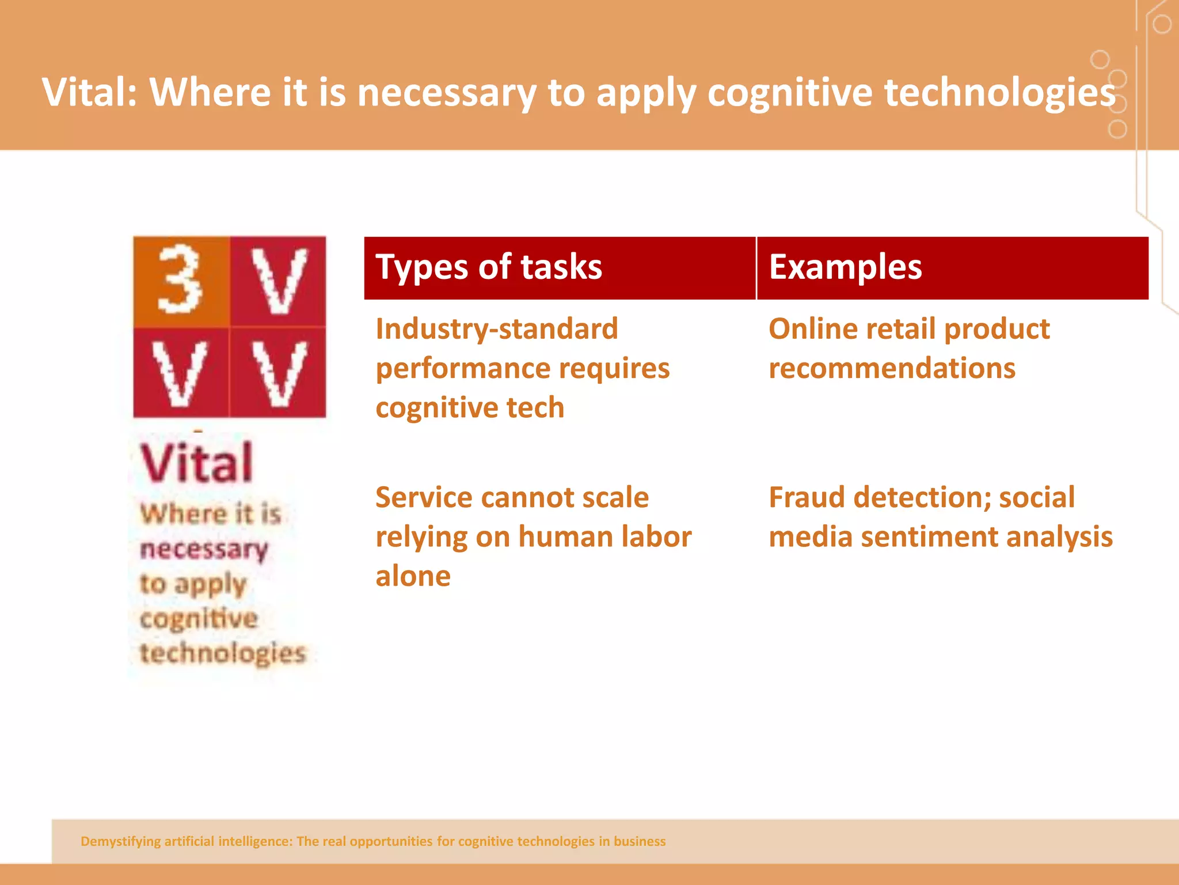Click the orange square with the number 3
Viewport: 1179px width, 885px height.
181,281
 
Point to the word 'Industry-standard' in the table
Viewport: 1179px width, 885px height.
496,330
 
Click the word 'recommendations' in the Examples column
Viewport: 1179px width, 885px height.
891,369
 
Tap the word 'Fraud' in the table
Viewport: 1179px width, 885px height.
807,497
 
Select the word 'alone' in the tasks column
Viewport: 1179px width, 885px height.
413,576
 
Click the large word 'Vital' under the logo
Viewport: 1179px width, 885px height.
196,463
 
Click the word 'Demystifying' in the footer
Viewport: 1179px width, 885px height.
120,841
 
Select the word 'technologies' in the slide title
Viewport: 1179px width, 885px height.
999,92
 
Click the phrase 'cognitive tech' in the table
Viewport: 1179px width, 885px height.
469,408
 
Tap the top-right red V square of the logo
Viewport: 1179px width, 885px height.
279,281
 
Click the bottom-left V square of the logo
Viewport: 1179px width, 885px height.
181,373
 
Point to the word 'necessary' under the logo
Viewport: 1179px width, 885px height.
204,550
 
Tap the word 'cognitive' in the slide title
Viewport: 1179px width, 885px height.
789,92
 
